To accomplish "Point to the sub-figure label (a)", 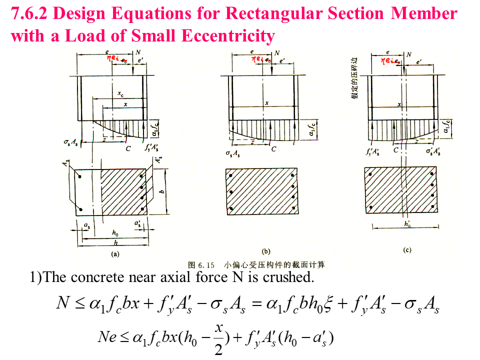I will tap(115, 253).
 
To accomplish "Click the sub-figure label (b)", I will tap(265, 250).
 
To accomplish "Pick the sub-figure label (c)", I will tap(406, 249).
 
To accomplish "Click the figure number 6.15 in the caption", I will tap(206, 264).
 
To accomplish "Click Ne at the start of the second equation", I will tap(107, 338).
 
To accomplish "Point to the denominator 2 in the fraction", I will tap(218, 350).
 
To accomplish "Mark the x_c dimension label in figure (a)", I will tap(120, 93).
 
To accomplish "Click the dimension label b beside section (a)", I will tap(161, 190).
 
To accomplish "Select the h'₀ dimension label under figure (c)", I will tap(407, 224).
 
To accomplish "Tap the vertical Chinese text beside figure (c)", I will tap(354, 77).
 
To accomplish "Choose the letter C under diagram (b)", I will tap(273, 149).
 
